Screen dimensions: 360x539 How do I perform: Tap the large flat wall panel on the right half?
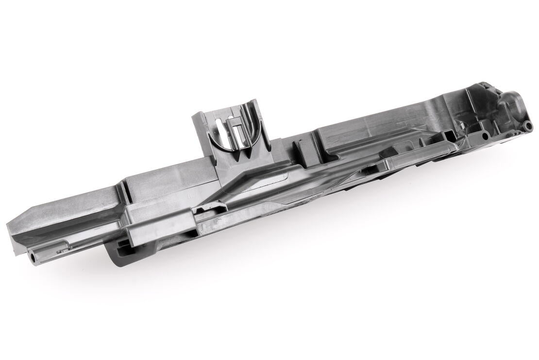(388, 121)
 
